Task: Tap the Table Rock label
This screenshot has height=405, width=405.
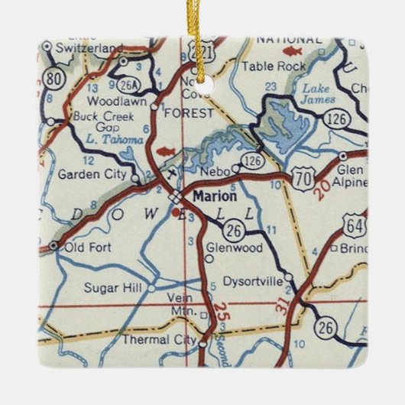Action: point(263,66)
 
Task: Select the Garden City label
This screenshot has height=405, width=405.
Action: point(92,173)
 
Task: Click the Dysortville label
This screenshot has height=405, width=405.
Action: point(252,281)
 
